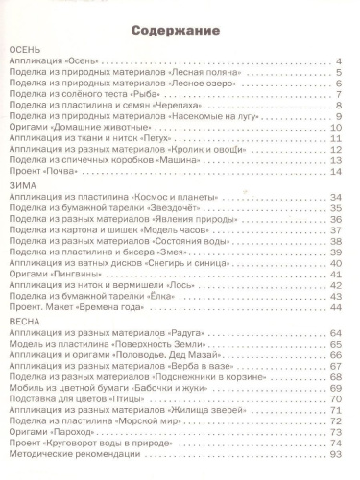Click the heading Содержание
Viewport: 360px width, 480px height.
(180, 28)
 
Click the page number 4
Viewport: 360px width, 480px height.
(340, 62)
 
